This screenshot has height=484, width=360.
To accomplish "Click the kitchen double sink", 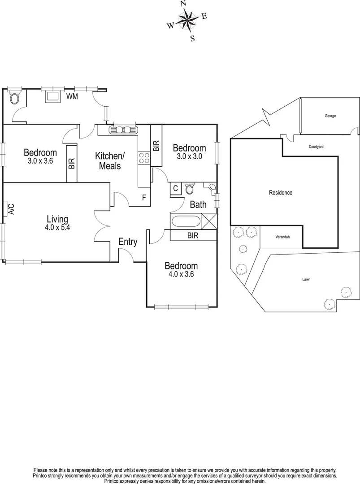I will [x=122, y=130].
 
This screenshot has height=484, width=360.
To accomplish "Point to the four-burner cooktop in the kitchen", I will [x=144, y=157].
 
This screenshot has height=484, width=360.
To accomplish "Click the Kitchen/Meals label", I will [x=110, y=161].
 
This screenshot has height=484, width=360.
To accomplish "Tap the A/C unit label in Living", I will [x=11, y=209].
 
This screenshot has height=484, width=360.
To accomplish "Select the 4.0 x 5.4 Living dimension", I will [x=57, y=227].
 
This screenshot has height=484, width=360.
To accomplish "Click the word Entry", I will [x=128, y=242].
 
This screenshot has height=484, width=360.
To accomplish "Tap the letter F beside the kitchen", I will [x=144, y=197].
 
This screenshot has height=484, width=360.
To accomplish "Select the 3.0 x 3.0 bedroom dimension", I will [x=189, y=156].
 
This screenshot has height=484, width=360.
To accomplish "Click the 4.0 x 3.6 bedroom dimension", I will [x=181, y=274].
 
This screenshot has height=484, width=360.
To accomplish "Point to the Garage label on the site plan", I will [x=330, y=116].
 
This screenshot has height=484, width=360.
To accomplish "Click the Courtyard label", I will [x=316, y=147].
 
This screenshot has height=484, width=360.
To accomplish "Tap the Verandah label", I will [x=282, y=237].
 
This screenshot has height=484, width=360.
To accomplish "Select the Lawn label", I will [x=306, y=279].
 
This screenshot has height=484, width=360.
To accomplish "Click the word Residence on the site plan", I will [x=281, y=193].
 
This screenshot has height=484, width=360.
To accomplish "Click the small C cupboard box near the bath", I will [x=175, y=189].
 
